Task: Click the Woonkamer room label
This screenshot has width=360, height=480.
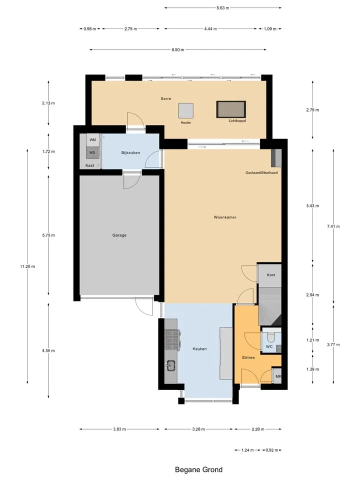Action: [224, 217]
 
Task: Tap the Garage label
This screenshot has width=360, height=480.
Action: [119, 235]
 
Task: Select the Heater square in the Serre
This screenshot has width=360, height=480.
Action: [186, 110]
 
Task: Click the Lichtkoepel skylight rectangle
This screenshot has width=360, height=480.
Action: [231, 109]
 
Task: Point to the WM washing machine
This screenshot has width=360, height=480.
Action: [93, 140]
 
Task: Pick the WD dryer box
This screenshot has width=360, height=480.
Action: [92, 152]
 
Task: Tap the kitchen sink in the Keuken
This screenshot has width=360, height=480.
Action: [170, 365]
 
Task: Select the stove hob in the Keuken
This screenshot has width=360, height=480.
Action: [171, 340]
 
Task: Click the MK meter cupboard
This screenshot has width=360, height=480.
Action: [277, 376]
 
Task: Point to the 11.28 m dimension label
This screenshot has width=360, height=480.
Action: [27, 266]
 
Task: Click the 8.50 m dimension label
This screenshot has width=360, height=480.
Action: [178, 49]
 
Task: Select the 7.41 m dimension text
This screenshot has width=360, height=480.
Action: [333, 226]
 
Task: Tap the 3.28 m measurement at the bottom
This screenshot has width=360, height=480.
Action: [198, 429]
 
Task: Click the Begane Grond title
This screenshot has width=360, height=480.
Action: [198, 469]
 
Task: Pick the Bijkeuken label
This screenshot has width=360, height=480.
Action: [130, 153]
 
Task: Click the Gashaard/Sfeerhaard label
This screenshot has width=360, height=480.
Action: [261, 172]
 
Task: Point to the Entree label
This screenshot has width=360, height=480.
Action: [248, 357]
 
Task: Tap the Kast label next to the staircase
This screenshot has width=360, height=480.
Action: [270, 275]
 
